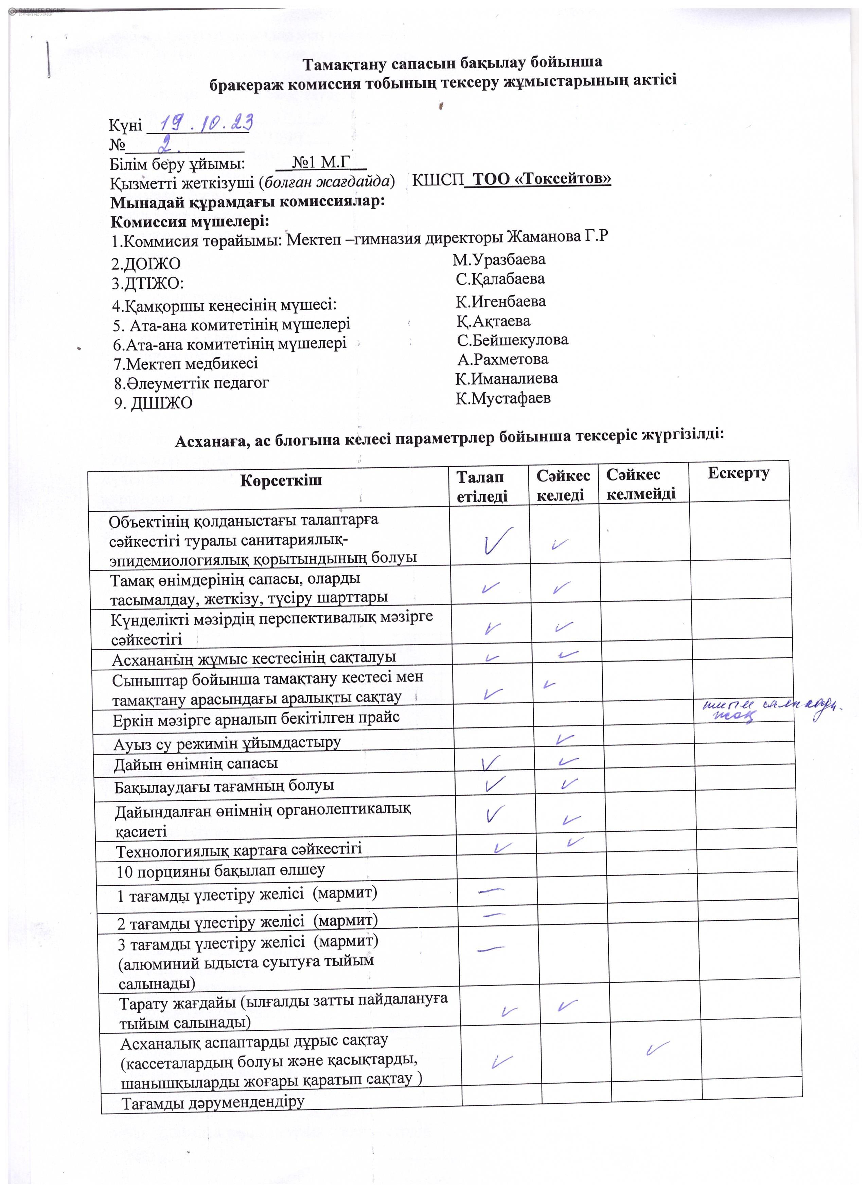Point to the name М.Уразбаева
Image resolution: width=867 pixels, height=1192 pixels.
tap(499, 260)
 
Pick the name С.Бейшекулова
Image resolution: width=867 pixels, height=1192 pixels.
tap(513, 340)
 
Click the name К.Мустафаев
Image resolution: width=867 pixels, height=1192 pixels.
tap(503, 398)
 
